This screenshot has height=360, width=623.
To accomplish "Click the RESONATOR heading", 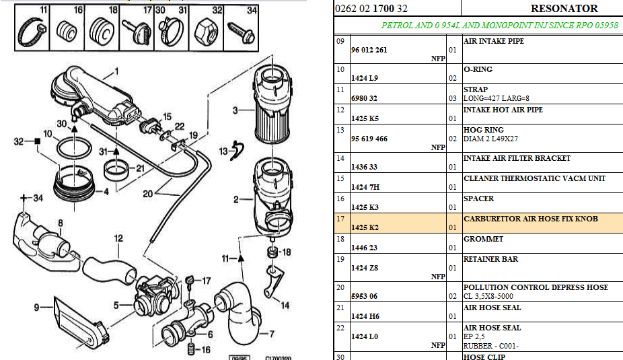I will (564, 9).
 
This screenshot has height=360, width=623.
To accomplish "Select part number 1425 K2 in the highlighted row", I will (365, 228).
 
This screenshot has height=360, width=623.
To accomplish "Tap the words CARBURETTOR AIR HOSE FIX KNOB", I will (531, 219).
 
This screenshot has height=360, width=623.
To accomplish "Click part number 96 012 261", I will (369, 50).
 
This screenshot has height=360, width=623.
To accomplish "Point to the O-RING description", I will (478, 69).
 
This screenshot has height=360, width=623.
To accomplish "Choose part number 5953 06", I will (365, 297).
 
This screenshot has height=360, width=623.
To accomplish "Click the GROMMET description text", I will (484, 239).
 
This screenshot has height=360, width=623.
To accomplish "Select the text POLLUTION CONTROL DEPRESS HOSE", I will (536, 287).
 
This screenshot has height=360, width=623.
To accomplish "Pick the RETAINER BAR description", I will (490, 259).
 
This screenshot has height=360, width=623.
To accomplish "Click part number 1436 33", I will (364, 168).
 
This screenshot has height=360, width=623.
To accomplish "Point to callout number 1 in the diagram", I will (116, 71).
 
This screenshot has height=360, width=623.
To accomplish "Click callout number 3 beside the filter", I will (235, 110).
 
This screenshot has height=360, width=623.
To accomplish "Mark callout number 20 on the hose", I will (147, 193).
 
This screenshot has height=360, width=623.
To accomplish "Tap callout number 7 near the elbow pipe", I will (271, 333).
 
